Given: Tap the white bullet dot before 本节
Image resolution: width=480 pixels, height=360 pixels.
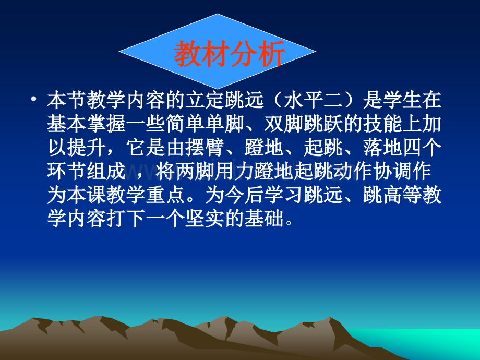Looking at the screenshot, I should [34, 99].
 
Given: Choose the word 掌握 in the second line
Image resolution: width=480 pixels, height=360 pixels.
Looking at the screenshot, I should [104, 124].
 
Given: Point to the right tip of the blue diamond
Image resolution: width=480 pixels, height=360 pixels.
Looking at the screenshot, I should [314, 52].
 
